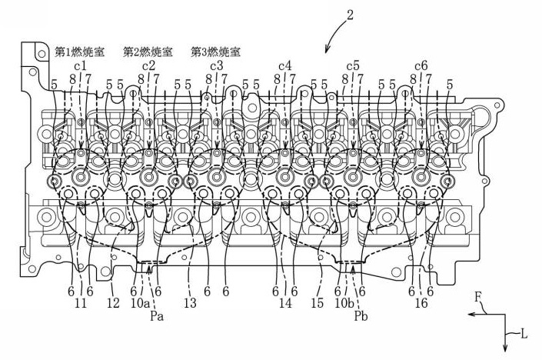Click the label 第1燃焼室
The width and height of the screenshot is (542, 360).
(x=79, y=52)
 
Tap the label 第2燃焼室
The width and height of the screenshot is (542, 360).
(x=148, y=52)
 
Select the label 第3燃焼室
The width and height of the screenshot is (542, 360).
(x=216, y=52)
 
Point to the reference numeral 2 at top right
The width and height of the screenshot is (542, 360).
(x=350, y=15)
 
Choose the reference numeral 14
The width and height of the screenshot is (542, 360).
(x=287, y=304)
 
